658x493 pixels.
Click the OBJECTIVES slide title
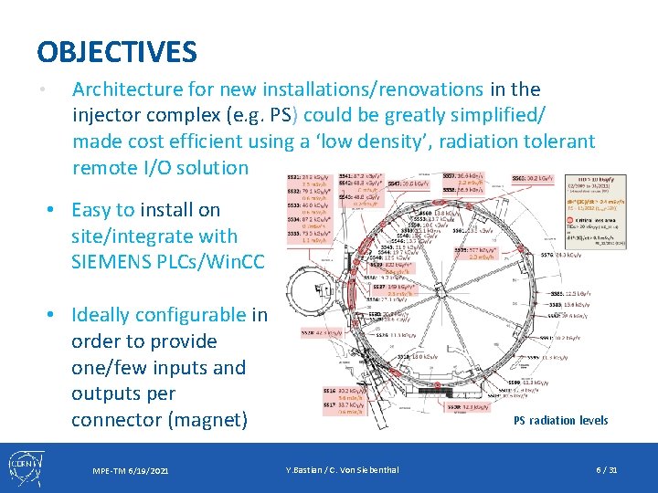click(117, 51)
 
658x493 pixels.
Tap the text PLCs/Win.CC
click(208, 263)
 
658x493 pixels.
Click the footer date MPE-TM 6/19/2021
click(131, 470)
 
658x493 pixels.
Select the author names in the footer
click(342, 470)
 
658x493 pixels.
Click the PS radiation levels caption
click(560, 420)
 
